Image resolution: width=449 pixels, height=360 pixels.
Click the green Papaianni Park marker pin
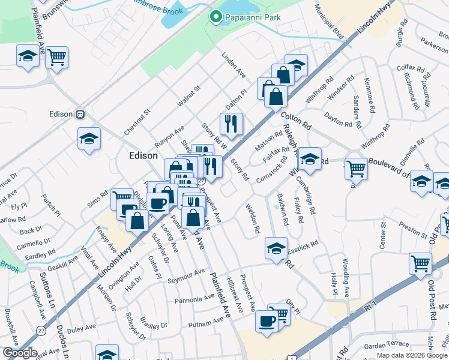tap(215, 17)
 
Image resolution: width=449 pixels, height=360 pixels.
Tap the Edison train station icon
tap(79, 114)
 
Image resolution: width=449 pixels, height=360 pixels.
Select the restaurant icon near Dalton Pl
tap(231, 124)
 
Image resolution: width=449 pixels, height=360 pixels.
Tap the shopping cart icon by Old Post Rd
tap(420, 263)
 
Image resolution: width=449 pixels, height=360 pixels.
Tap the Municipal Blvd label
tap(330, 19)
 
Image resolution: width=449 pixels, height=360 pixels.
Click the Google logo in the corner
tap(20, 353)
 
